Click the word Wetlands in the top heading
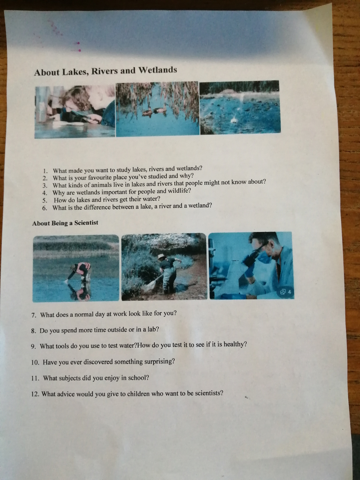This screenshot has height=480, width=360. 158,70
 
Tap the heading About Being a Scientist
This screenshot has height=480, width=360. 65,223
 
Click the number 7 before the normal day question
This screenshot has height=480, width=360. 34,315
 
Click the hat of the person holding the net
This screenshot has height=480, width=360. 162,256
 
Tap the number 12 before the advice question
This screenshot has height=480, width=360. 35,394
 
